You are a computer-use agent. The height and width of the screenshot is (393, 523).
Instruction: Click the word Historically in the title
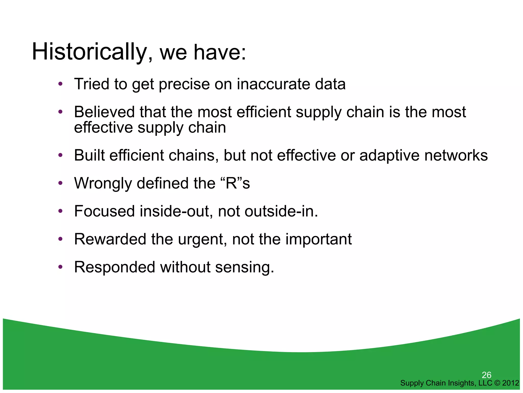tap(89, 52)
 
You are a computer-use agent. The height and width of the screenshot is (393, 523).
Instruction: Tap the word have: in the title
tap(220, 52)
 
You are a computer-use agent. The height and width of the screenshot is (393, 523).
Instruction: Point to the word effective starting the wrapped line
tap(103, 127)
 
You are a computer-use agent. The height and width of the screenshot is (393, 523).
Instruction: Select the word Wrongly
tap(103, 183)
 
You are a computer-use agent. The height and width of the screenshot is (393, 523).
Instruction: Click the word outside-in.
tap(281, 211)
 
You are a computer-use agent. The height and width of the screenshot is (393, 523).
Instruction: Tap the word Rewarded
tap(110, 239)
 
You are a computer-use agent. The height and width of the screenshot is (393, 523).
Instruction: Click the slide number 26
tap(486, 375)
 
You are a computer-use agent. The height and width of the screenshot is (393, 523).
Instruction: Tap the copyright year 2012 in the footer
tap(510, 383)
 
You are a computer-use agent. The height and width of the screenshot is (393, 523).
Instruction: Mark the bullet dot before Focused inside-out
tap(60, 211)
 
